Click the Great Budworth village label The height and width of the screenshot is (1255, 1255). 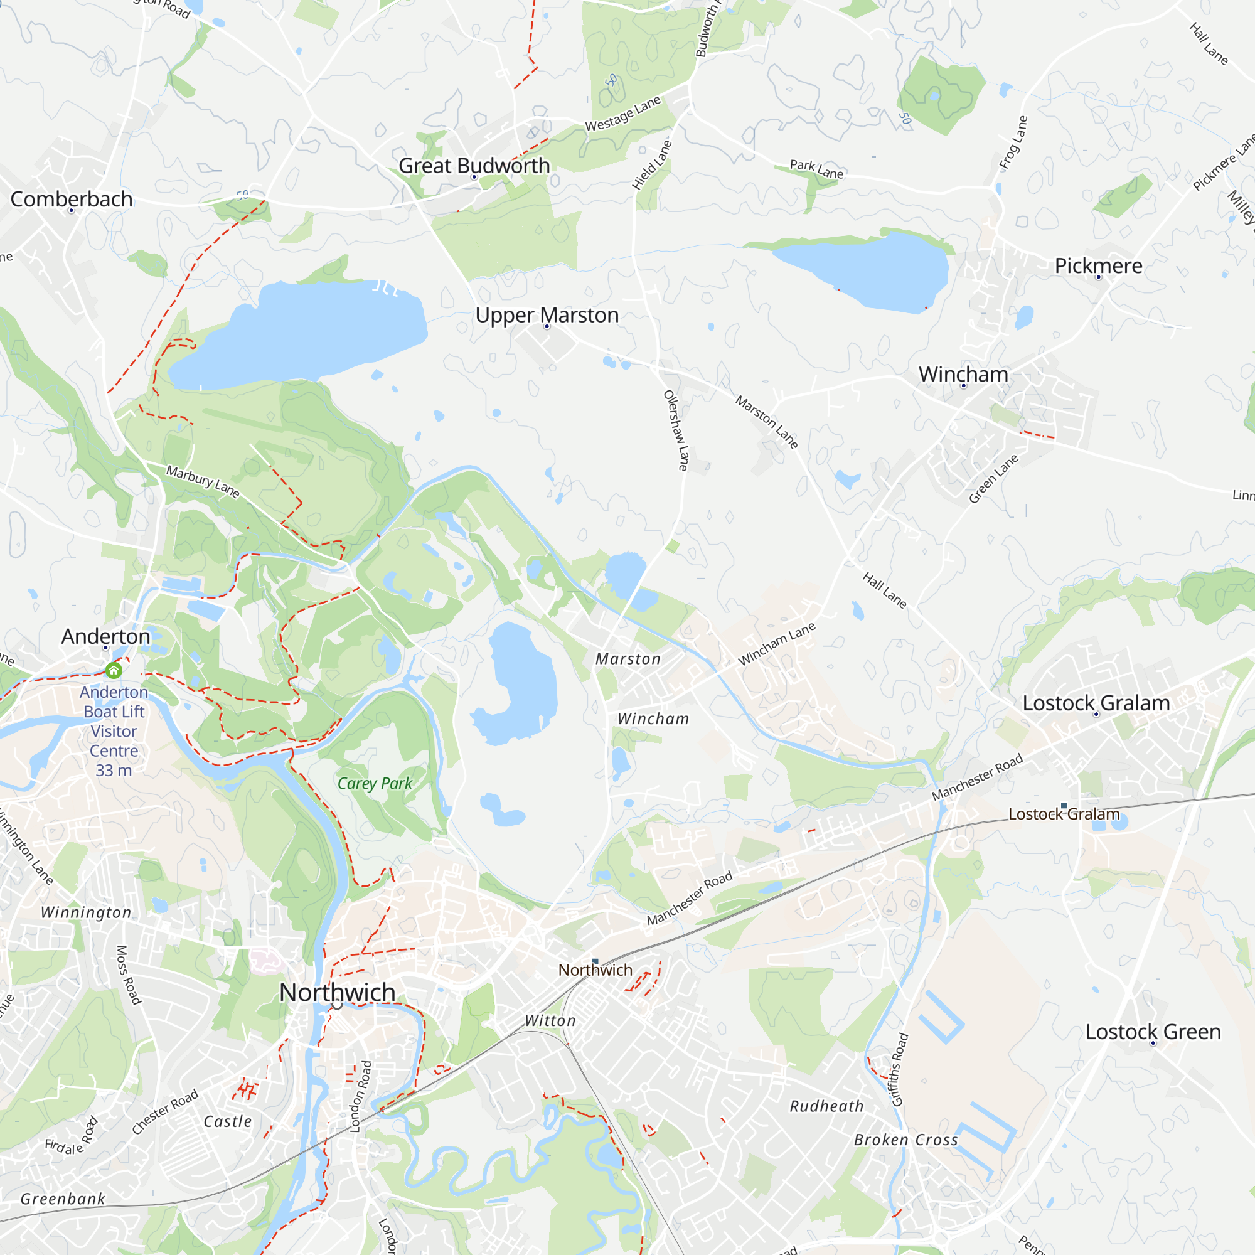[x=474, y=166]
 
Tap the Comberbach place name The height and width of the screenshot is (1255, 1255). [x=72, y=200]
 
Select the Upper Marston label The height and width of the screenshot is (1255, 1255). [x=547, y=316]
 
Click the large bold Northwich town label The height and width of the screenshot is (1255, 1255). [x=337, y=992]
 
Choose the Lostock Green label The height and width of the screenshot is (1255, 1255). [x=1153, y=1032]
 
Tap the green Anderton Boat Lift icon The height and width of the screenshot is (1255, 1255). [x=114, y=670]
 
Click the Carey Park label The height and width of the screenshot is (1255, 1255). [x=375, y=783]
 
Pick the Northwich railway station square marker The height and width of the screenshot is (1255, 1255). [x=595, y=961]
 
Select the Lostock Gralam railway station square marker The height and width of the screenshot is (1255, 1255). [x=1064, y=806]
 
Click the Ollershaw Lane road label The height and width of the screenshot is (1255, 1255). [x=676, y=430]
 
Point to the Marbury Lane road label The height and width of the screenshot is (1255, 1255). [x=203, y=481]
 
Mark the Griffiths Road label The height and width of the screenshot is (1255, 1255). [x=900, y=1069]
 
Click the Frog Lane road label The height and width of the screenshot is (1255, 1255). [x=1013, y=142]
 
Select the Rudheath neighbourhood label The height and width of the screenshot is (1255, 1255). [x=826, y=1106]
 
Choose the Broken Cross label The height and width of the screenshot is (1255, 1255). [x=905, y=1140]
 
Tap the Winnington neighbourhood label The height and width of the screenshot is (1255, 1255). [x=86, y=912]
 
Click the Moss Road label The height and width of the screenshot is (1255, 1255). [x=129, y=975]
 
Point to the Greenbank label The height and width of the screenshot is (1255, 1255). [x=62, y=1199]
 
